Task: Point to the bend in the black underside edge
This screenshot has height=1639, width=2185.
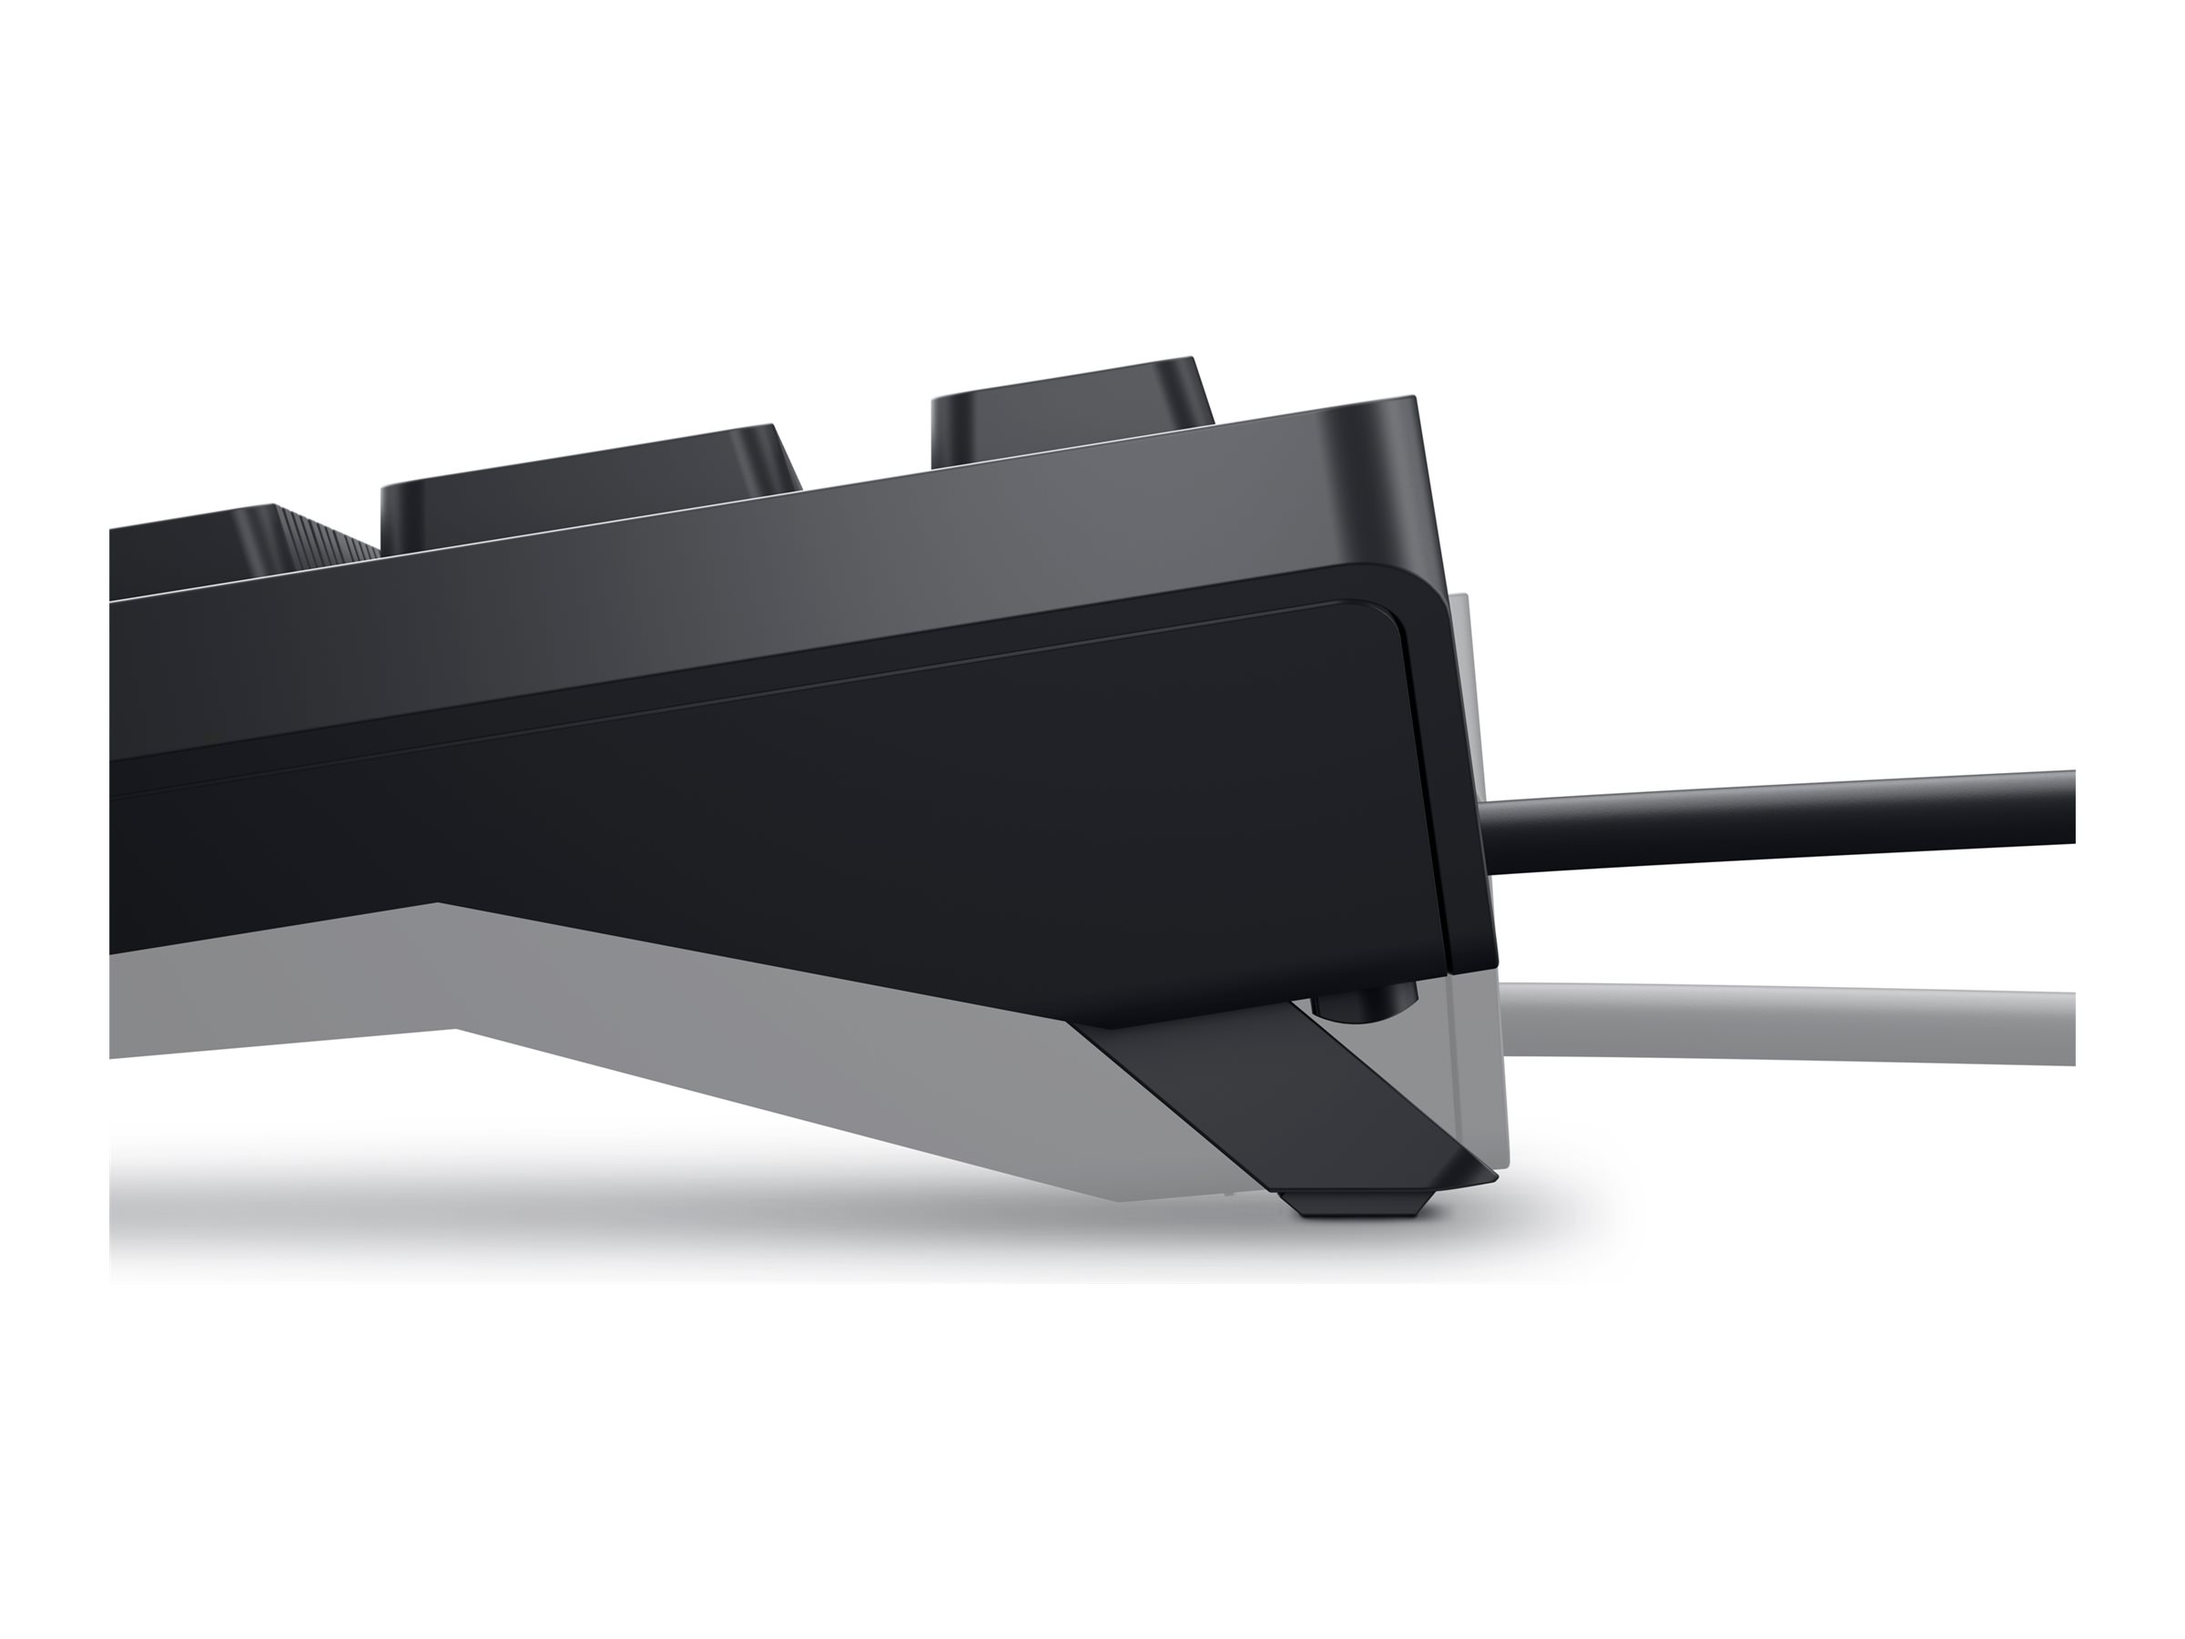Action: pyautogui.click(x=440, y=903)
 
